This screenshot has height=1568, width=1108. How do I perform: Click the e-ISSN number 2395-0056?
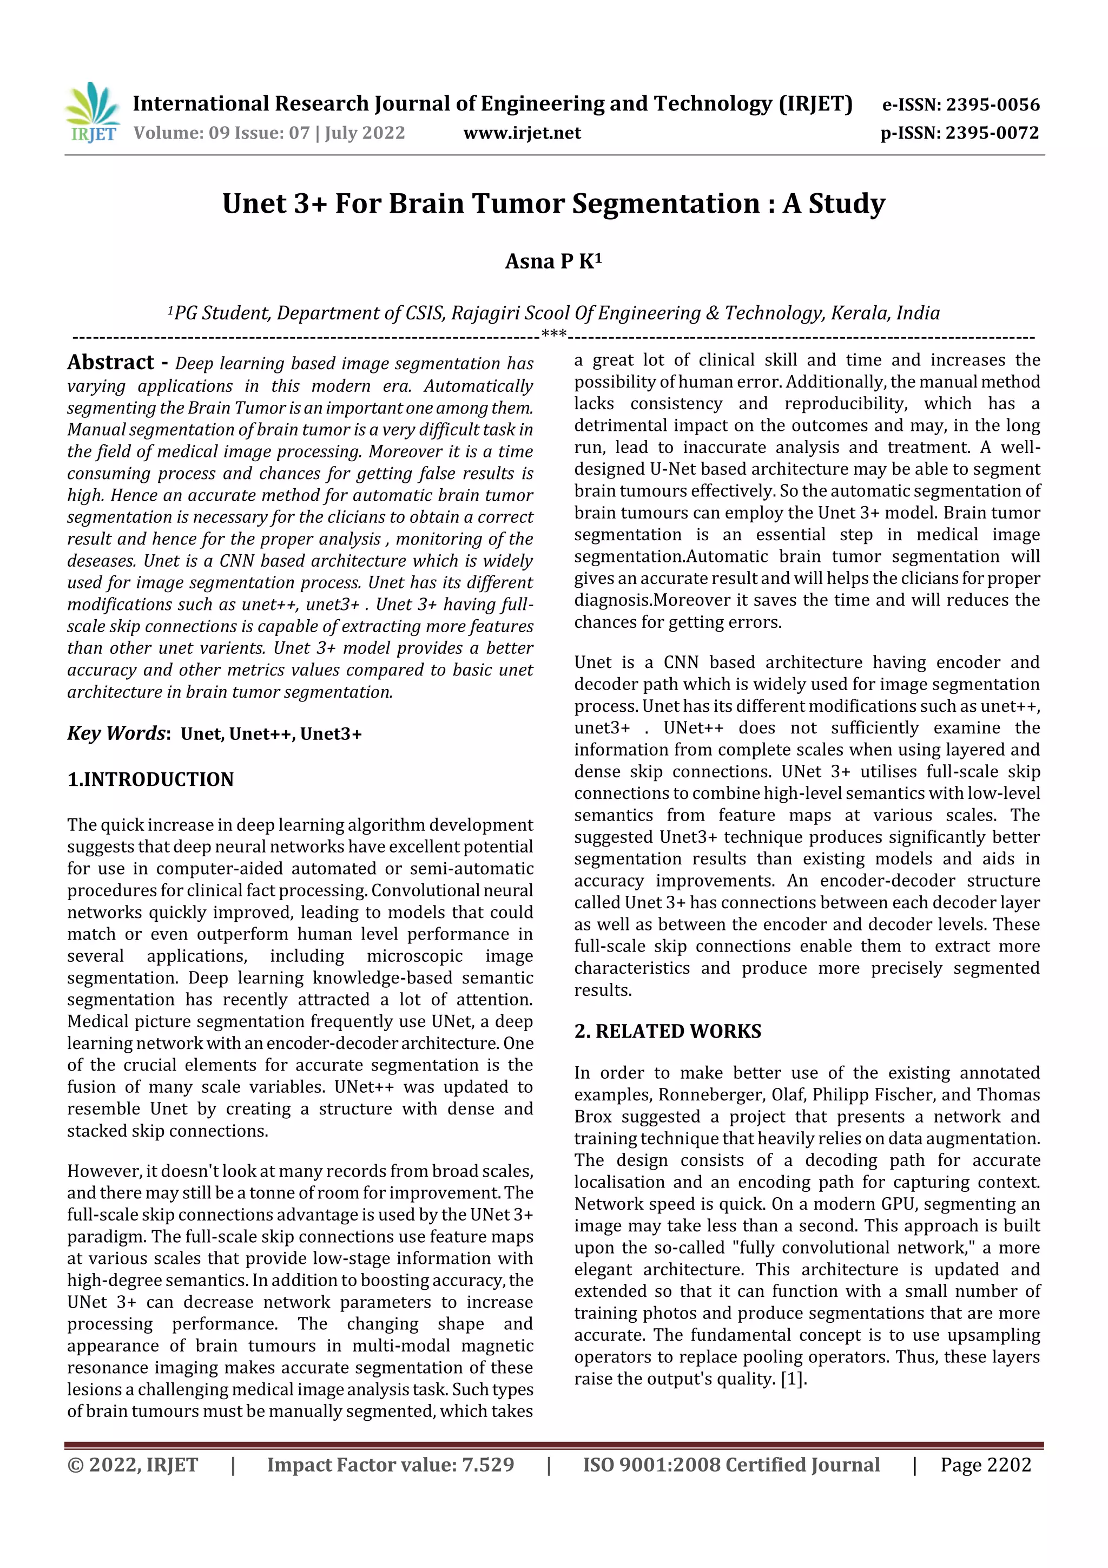(x=992, y=105)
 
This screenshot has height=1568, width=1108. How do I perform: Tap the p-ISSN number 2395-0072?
(x=992, y=133)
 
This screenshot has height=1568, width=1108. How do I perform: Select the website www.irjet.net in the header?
(x=522, y=133)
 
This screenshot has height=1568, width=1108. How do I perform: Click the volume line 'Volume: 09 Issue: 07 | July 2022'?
(x=269, y=133)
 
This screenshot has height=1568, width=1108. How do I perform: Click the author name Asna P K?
(x=553, y=261)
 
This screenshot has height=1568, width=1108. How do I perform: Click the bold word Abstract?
(x=110, y=363)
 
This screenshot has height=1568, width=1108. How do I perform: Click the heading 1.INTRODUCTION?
(x=150, y=779)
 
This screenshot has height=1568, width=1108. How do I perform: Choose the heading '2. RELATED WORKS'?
(x=667, y=1031)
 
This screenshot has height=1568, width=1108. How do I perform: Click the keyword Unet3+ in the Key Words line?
(x=331, y=734)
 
